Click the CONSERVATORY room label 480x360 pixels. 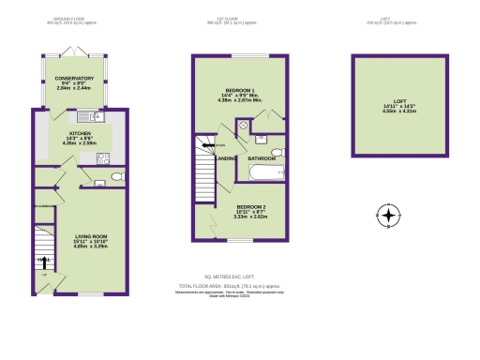pos(75,79)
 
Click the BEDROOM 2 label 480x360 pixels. pos(252,206)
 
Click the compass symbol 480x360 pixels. pos(387,217)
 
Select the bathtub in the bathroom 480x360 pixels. pos(267,173)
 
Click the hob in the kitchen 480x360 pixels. pos(103,158)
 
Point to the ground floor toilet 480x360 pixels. pos(113,176)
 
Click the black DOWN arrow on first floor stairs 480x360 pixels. pos(218,145)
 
